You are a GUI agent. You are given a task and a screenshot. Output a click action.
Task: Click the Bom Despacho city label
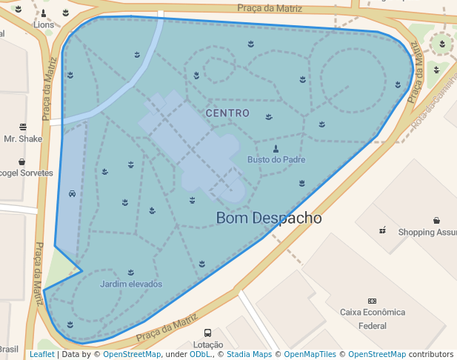tap(269, 219)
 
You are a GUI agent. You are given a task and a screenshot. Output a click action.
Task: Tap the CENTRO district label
tap(227, 113)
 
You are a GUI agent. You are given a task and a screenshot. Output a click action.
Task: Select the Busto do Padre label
tap(276, 159)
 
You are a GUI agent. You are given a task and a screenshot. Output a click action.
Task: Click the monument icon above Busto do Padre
tap(276, 148)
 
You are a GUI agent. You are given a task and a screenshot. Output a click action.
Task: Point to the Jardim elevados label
tap(131, 284)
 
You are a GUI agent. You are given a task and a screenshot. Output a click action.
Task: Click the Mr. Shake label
tap(23, 139)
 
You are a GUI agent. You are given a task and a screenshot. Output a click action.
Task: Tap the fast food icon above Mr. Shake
tap(23, 127)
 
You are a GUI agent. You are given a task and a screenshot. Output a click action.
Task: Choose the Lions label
tap(44, 24)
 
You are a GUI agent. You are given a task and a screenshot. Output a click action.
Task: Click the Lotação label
tap(207, 344)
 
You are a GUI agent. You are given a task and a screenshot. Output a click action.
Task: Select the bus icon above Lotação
tap(207, 333)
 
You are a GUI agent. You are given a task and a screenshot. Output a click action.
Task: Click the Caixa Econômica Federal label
tap(373, 319)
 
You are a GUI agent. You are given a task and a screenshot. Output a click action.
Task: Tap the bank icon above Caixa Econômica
tap(372, 301)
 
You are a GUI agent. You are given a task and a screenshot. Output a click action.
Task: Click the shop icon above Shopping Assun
tap(437, 220)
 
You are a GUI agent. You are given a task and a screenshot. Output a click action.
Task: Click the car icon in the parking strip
tap(71, 193)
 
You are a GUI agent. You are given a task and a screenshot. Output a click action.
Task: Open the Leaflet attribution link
tap(42, 355)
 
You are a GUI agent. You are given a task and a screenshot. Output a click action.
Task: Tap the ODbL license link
tap(200, 355)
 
